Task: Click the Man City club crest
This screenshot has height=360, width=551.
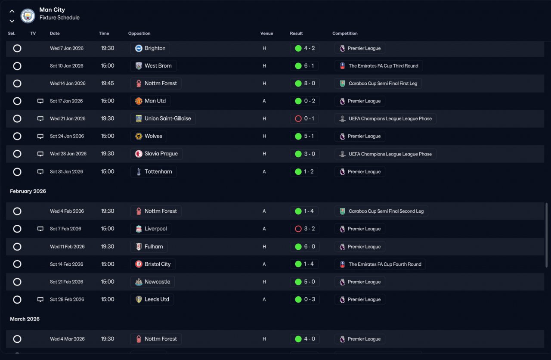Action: [x=28, y=16]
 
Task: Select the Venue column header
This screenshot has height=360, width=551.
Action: [x=266, y=33]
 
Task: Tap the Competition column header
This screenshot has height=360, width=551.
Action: [x=345, y=33]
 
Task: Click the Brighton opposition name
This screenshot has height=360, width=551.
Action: [x=155, y=48]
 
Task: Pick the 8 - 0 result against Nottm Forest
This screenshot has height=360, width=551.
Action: [x=310, y=83]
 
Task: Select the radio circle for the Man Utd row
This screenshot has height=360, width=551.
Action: [x=17, y=101]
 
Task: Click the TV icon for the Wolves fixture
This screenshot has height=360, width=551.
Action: [x=40, y=136]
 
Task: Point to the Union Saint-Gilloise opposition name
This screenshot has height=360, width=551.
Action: [x=168, y=118]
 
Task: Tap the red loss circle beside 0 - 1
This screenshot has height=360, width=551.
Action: [x=298, y=118]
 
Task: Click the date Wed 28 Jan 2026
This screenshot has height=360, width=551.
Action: [x=68, y=154]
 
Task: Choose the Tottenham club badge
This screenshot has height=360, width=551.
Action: [x=139, y=171]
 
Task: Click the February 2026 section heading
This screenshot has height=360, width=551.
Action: [x=28, y=191]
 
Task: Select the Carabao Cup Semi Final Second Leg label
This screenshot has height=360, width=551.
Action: [x=386, y=211]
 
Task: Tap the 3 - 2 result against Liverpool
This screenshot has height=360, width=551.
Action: [x=310, y=229]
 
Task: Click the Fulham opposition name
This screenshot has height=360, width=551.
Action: [x=154, y=246]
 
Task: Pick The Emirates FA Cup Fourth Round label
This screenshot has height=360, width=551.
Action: [x=385, y=264]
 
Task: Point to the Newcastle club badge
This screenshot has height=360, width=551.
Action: [x=139, y=282]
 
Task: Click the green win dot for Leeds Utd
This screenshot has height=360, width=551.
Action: [x=298, y=299]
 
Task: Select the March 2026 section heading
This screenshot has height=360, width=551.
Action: [x=25, y=319]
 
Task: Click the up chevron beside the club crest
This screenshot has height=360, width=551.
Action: [x=12, y=11]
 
